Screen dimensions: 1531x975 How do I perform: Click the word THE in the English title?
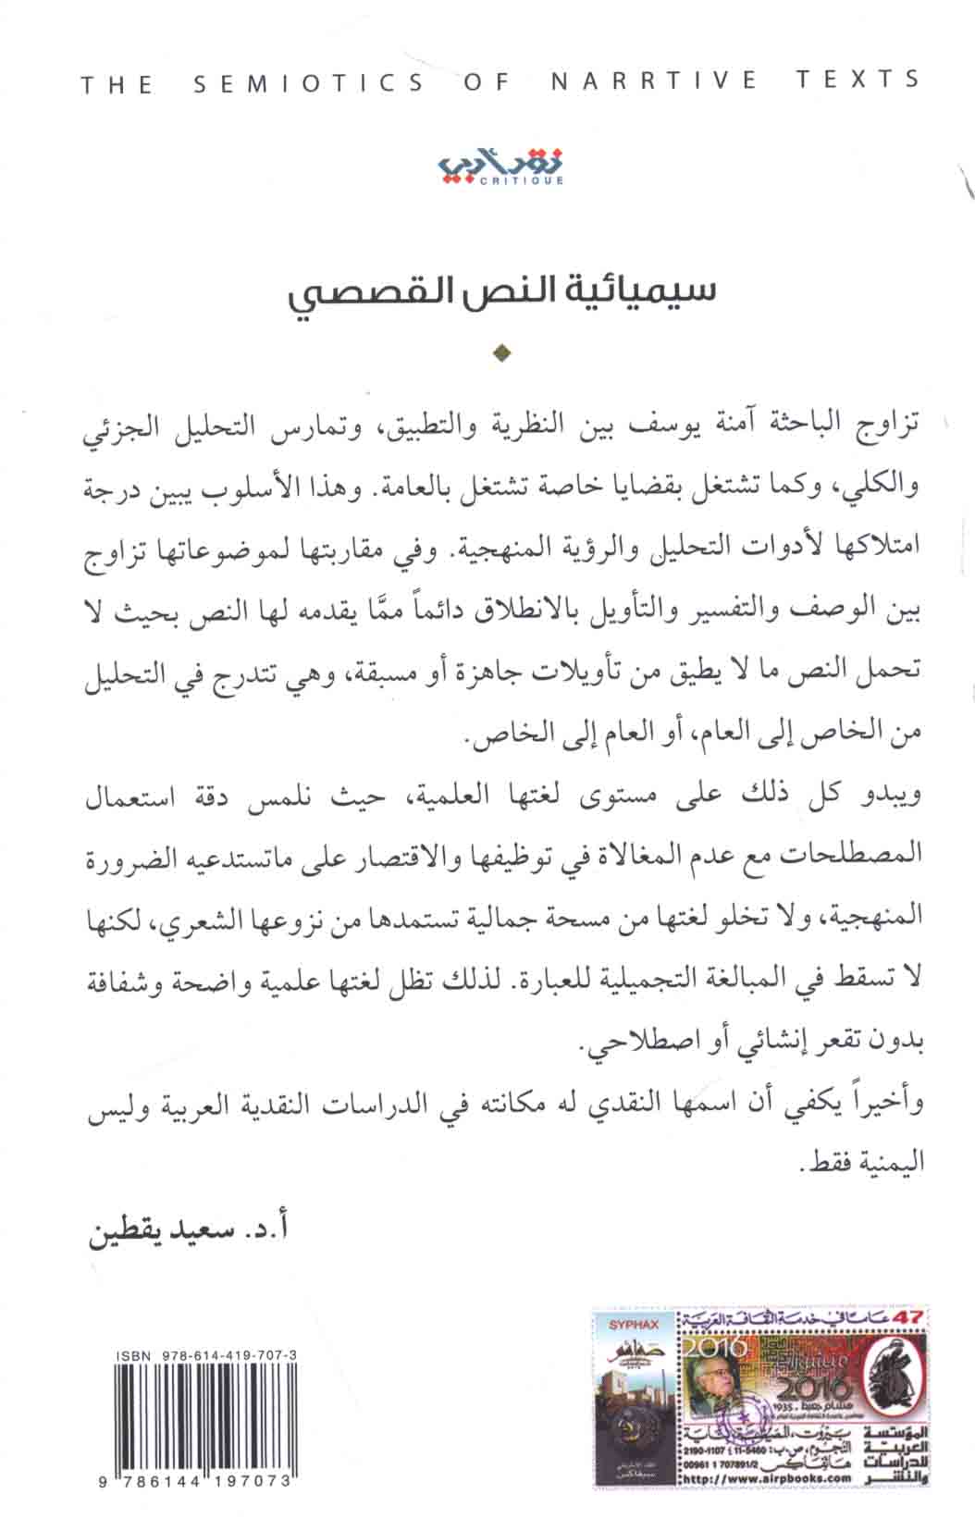[117, 85]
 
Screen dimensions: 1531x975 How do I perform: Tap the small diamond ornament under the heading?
[502, 352]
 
